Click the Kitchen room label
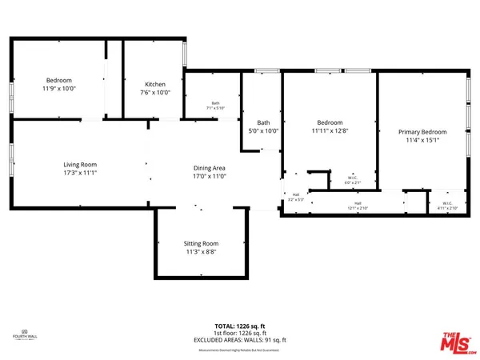click(x=155, y=84)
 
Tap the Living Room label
click(x=81, y=164)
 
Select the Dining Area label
click(x=210, y=168)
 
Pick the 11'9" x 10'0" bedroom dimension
click(x=59, y=90)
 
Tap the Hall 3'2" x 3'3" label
click(x=295, y=197)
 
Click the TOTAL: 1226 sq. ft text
click(x=240, y=326)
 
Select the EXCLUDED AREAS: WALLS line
click(x=240, y=341)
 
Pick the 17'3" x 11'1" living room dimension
click(x=81, y=173)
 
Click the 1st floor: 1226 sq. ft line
click(x=240, y=334)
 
